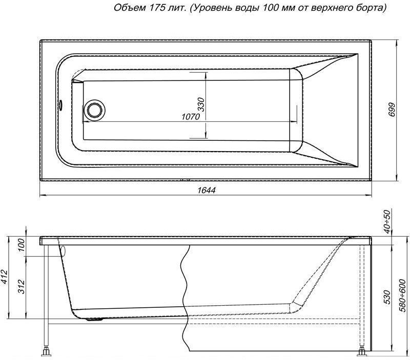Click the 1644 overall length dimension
point(205,190)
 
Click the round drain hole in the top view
point(94,109)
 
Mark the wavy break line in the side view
point(184,297)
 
